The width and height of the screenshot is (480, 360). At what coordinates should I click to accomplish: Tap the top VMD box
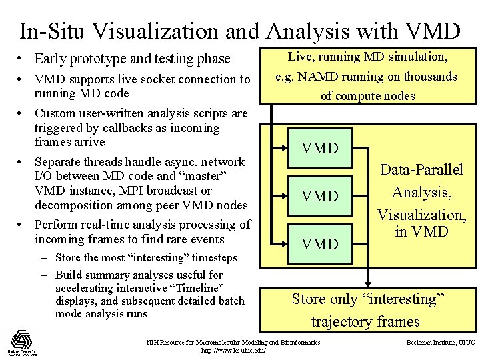coord(320,149)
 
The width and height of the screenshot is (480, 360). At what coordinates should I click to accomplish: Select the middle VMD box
coord(320,196)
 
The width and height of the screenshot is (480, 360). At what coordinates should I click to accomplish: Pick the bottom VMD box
coord(320,244)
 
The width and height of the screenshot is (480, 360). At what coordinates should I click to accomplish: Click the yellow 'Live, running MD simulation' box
coord(367,77)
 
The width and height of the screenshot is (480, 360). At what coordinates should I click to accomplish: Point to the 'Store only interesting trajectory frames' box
coord(367,310)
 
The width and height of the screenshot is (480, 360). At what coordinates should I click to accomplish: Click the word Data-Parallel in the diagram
coord(421,170)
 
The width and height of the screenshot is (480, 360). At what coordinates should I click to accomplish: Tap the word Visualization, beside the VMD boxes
coord(421,215)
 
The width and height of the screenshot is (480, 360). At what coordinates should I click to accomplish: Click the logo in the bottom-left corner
coord(23,342)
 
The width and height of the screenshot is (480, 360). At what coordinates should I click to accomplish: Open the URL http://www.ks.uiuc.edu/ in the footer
coord(233,351)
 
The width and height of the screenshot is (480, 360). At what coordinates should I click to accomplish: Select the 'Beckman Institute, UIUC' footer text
coord(440,342)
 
